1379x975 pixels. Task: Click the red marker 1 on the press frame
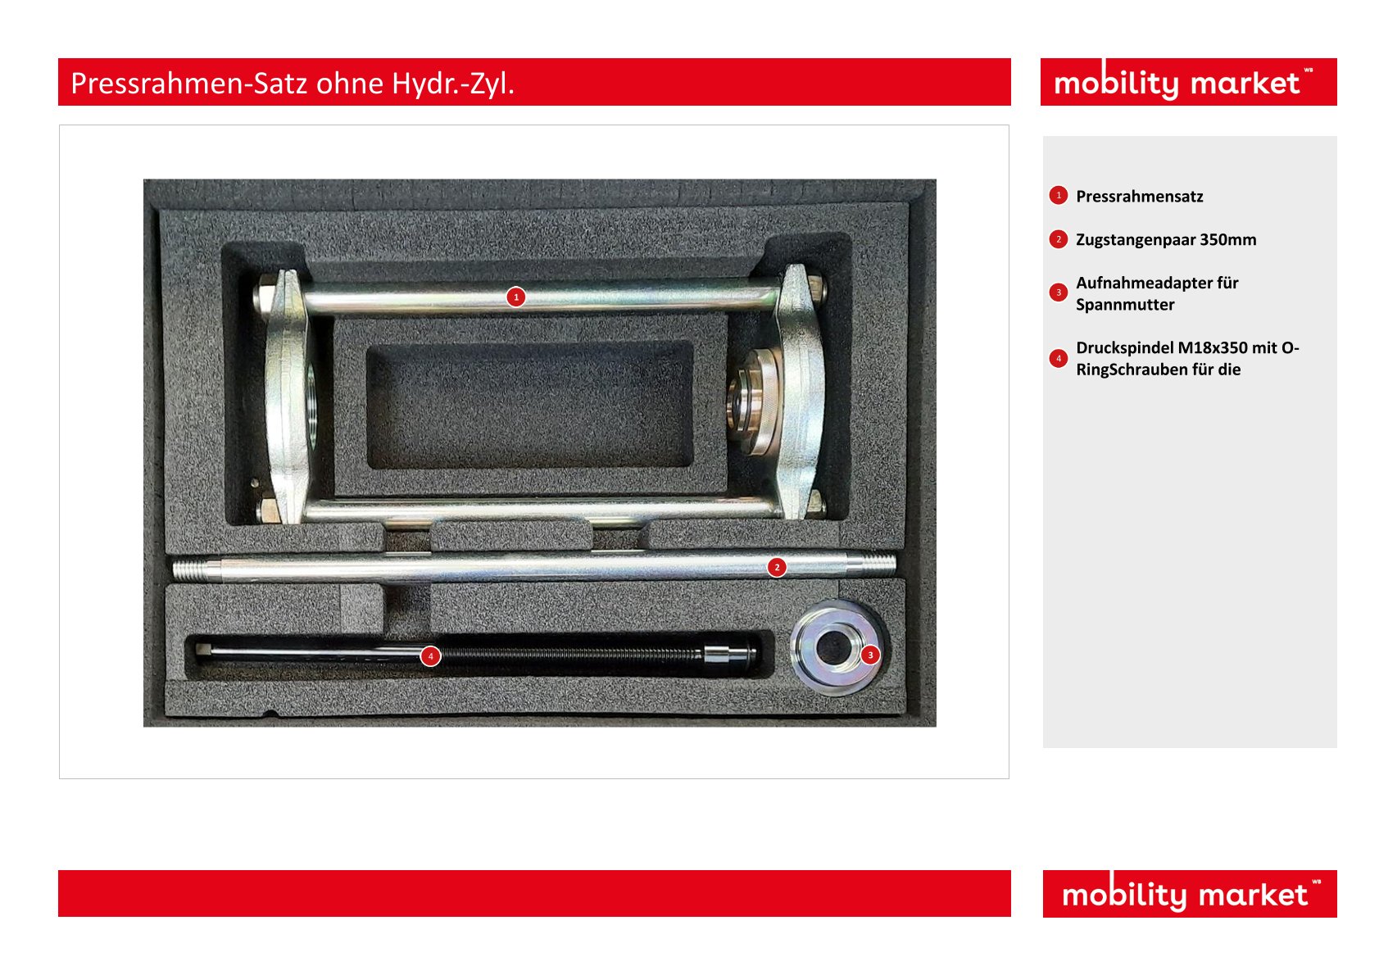click(x=516, y=297)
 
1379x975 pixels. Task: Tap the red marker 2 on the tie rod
click(x=777, y=568)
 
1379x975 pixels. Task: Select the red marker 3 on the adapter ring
click(x=870, y=655)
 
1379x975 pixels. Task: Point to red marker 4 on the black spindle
click(x=430, y=656)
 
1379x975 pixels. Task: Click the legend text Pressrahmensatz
click(x=1140, y=197)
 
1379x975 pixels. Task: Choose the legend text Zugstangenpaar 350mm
click(x=1166, y=239)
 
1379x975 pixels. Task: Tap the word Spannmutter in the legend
click(x=1125, y=305)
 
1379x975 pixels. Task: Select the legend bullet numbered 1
click(x=1059, y=196)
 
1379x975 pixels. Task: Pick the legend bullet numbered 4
click(x=1059, y=358)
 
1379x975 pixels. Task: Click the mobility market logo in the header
click(x=1183, y=82)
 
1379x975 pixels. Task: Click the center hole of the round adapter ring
click(x=833, y=647)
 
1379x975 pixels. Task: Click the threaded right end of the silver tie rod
click(x=871, y=563)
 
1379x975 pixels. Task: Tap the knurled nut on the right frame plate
click(x=754, y=401)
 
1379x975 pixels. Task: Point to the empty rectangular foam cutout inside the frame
click(x=529, y=405)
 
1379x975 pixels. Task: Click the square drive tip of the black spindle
click(x=203, y=650)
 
